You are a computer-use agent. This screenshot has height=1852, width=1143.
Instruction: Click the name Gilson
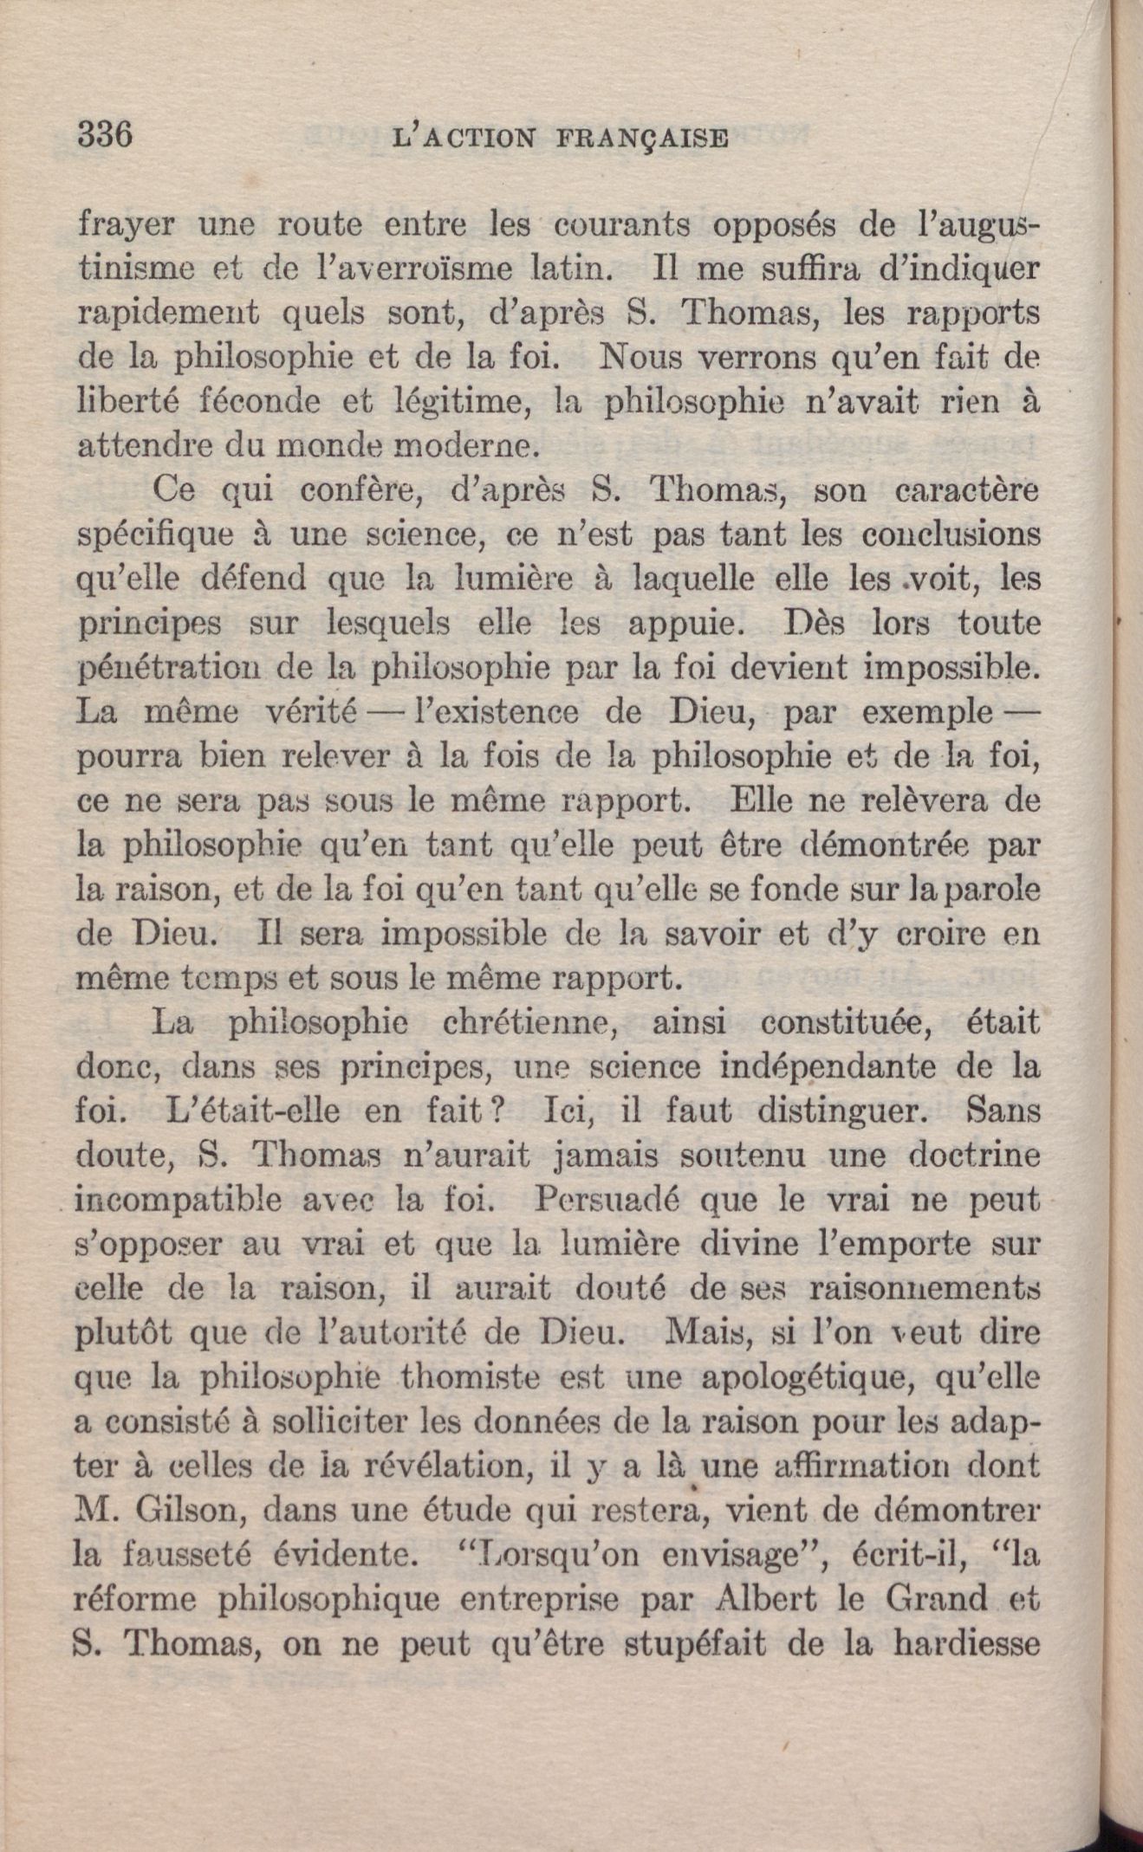[x=191, y=1510]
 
